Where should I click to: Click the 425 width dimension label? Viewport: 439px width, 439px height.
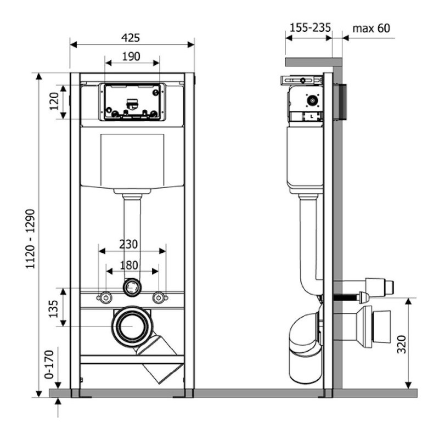pyautogui.click(x=131, y=38)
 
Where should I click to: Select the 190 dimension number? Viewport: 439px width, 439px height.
pyautogui.click(x=131, y=57)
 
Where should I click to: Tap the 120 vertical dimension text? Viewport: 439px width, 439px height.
pyautogui.click(x=54, y=102)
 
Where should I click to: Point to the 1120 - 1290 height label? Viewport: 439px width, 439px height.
pyautogui.click(x=31, y=239)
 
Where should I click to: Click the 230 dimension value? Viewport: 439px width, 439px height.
pyautogui.click(x=128, y=244)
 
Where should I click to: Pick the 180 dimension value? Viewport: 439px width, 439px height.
pyautogui.click(x=129, y=266)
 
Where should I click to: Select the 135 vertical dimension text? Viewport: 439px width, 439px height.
pyautogui.click(x=53, y=309)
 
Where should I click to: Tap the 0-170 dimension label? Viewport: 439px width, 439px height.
pyautogui.click(x=49, y=364)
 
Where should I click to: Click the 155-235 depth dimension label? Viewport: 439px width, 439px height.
pyautogui.click(x=310, y=28)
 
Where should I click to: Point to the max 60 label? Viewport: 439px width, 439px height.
pyautogui.click(x=372, y=28)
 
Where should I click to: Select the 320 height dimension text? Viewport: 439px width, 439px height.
pyautogui.click(x=402, y=344)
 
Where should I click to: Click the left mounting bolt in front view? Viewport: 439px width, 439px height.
pyautogui.click(x=105, y=297)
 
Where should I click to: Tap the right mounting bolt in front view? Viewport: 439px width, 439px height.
pyautogui.click(x=159, y=297)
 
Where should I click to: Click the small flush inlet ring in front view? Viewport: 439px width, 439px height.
pyautogui.click(x=132, y=287)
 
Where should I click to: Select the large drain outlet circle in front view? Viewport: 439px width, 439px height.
pyautogui.click(x=132, y=326)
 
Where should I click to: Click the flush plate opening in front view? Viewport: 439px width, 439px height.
pyautogui.click(x=132, y=102)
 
